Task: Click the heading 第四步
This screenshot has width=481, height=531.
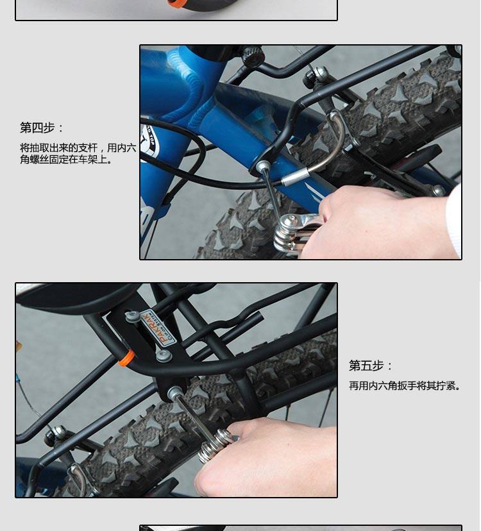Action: pyautogui.click(x=42, y=128)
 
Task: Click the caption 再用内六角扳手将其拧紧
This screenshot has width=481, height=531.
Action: pyautogui.click(x=405, y=386)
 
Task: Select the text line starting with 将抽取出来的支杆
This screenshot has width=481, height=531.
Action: pyautogui.click(x=78, y=148)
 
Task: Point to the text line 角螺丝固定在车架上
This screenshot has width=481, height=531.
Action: pyautogui.click(x=67, y=160)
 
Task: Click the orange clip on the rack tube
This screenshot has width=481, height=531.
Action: pyautogui.click(x=126, y=357)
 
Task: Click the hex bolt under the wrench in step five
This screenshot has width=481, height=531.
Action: pyautogui.click(x=174, y=392)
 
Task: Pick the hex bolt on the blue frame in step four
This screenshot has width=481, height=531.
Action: pyautogui.click(x=262, y=167)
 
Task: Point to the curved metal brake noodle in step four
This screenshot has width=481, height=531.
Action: pyautogui.click(x=333, y=138)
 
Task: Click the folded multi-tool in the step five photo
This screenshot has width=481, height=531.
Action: pyautogui.click(x=215, y=446)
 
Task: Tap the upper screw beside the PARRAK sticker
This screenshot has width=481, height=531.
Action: pyautogui.click(x=133, y=316)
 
